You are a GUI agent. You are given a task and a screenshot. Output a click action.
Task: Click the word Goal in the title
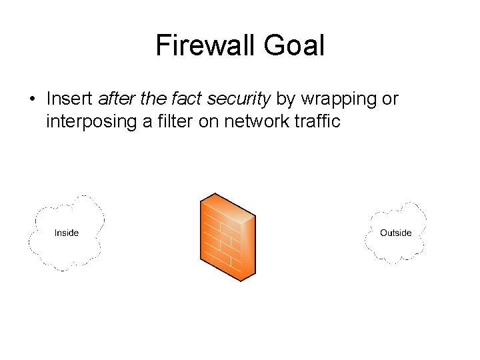[294, 45]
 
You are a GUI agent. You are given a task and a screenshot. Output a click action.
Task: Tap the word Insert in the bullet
[69, 99]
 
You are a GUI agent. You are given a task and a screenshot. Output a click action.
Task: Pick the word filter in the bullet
[175, 121]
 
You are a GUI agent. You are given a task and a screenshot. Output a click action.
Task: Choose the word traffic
[319, 121]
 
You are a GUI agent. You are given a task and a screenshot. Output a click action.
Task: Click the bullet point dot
[32, 100]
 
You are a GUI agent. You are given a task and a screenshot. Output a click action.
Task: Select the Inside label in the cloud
[67, 233]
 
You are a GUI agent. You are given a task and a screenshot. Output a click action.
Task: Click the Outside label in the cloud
[396, 233]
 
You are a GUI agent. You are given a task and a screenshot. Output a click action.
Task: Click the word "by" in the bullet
[285, 100]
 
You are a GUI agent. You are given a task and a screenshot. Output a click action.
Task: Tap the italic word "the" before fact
[153, 99]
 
